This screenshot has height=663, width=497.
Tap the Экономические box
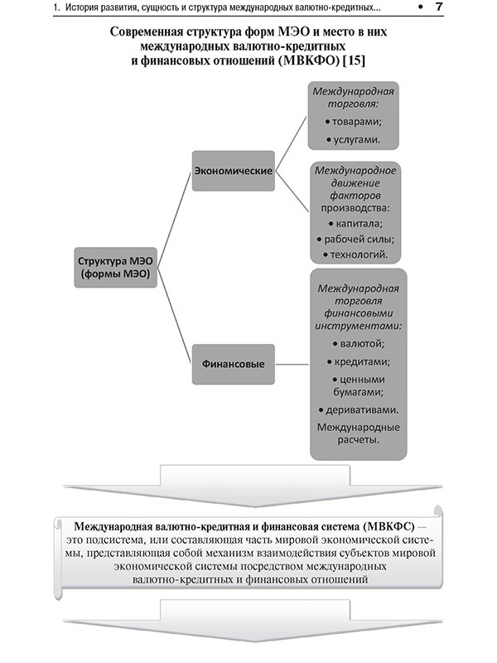pos(234,170)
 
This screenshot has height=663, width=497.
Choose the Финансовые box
pos(234,364)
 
